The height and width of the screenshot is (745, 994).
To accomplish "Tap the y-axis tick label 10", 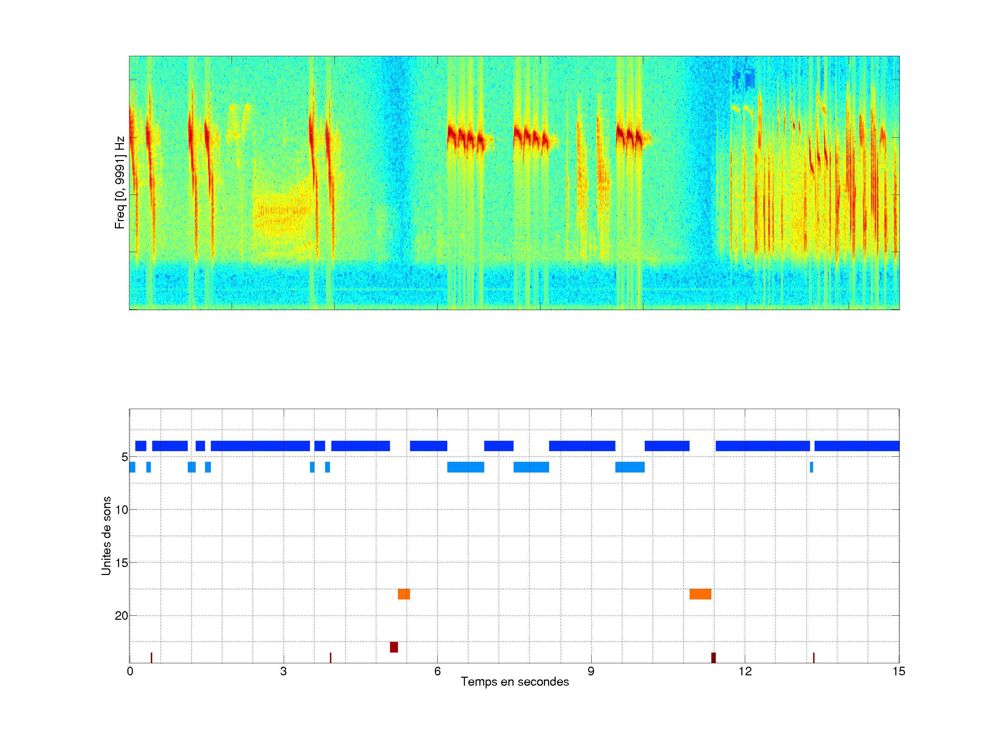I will (x=122, y=510).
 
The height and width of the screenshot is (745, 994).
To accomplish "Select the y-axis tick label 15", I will (x=122, y=563).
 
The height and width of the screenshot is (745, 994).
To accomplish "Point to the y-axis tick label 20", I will (x=122, y=616).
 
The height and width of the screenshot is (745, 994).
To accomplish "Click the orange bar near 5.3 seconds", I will (x=403, y=594).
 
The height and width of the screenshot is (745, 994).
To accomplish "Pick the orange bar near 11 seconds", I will (x=700, y=594).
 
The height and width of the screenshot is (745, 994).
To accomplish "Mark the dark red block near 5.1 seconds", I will (x=394, y=647).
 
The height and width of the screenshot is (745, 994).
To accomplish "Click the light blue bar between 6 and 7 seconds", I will (x=466, y=467).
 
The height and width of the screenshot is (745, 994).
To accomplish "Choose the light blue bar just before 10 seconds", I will (x=630, y=467).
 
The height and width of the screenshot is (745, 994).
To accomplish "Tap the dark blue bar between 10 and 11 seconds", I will (x=667, y=446).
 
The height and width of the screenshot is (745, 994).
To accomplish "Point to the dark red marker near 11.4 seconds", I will (x=713, y=657).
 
